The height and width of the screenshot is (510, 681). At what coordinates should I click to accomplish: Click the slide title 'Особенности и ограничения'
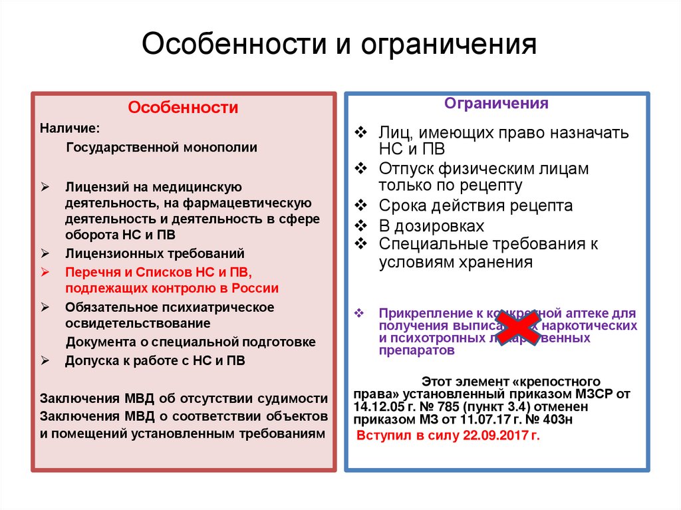340,46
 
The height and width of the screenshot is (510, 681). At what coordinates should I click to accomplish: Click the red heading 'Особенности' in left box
183,108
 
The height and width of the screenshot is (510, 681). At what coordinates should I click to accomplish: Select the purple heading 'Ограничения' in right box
496,104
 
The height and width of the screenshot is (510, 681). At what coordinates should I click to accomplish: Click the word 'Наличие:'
70,128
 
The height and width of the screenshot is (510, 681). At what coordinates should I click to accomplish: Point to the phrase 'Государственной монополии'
161,148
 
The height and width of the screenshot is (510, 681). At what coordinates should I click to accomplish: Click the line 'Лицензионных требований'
154,253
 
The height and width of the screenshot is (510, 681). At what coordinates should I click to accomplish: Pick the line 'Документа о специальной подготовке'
190,342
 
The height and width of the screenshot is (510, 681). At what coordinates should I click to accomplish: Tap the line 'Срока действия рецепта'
476,205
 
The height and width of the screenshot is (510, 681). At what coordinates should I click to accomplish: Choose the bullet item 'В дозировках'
432,225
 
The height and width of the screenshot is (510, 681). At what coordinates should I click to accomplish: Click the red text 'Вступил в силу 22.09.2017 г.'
449,436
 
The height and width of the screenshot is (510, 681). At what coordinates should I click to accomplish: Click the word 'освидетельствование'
138,323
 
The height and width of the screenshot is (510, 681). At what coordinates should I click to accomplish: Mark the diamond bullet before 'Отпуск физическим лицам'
360,168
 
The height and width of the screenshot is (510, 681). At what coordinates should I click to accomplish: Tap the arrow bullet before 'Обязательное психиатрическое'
45,307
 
